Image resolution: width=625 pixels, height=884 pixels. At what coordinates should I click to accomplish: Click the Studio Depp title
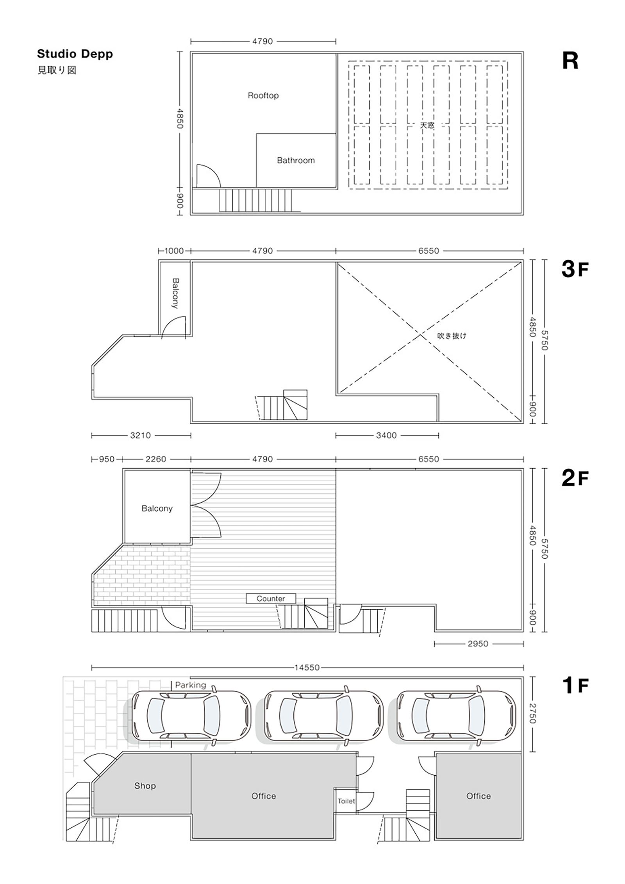(x=75, y=54)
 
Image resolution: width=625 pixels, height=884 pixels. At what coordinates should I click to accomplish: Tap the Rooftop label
(x=263, y=95)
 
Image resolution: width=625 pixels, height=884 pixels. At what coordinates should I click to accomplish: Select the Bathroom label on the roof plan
(x=296, y=160)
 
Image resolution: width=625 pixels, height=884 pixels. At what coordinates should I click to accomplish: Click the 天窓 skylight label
(x=427, y=125)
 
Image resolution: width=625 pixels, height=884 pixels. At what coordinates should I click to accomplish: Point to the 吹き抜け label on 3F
(x=452, y=335)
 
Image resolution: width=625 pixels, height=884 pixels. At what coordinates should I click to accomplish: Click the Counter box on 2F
(x=271, y=598)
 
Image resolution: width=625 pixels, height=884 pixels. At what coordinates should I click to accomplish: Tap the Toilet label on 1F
(x=346, y=801)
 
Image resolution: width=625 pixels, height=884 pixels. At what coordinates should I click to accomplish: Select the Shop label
(x=145, y=786)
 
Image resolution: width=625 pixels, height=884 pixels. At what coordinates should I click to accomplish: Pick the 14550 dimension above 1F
(x=307, y=668)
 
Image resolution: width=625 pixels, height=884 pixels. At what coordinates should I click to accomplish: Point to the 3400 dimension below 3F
(x=386, y=435)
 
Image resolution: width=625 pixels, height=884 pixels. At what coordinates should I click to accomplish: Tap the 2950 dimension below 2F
(x=478, y=643)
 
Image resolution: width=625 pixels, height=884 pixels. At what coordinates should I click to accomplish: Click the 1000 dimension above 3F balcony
(x=174, y=251)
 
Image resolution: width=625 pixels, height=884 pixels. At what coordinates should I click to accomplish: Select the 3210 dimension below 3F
(x=140, y=435)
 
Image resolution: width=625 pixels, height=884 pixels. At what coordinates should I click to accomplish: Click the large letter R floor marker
(x=570, y=61)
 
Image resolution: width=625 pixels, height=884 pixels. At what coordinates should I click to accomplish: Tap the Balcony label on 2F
(x=157, y=508)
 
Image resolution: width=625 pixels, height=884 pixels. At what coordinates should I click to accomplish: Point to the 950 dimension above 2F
(x=107, y=459)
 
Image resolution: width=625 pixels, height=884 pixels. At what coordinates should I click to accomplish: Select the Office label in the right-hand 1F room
(x=479, y=796)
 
